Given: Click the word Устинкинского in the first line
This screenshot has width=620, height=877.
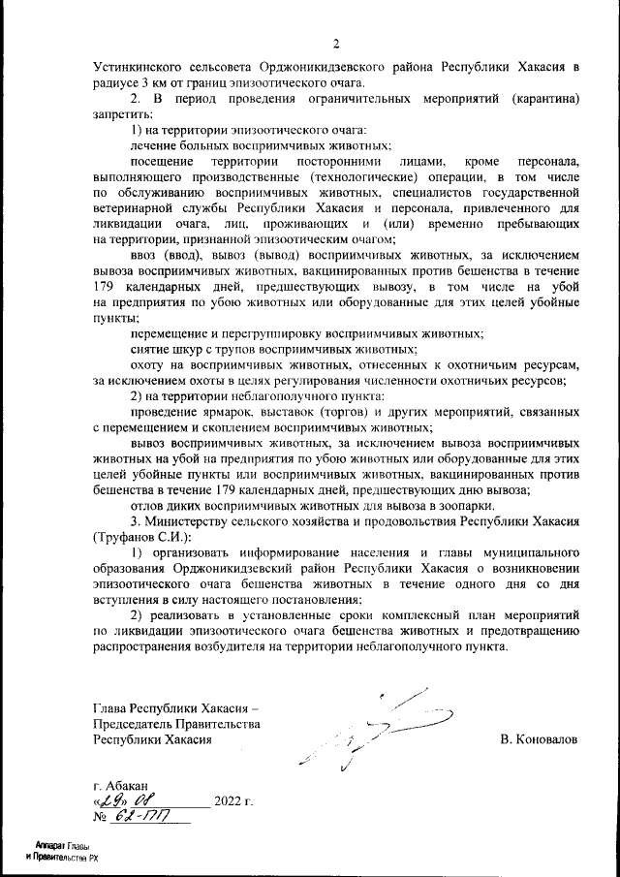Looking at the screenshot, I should point(138,69).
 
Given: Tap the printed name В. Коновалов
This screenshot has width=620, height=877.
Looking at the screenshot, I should point(539,739).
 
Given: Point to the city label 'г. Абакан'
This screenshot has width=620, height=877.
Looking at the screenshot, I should point(121,784).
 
